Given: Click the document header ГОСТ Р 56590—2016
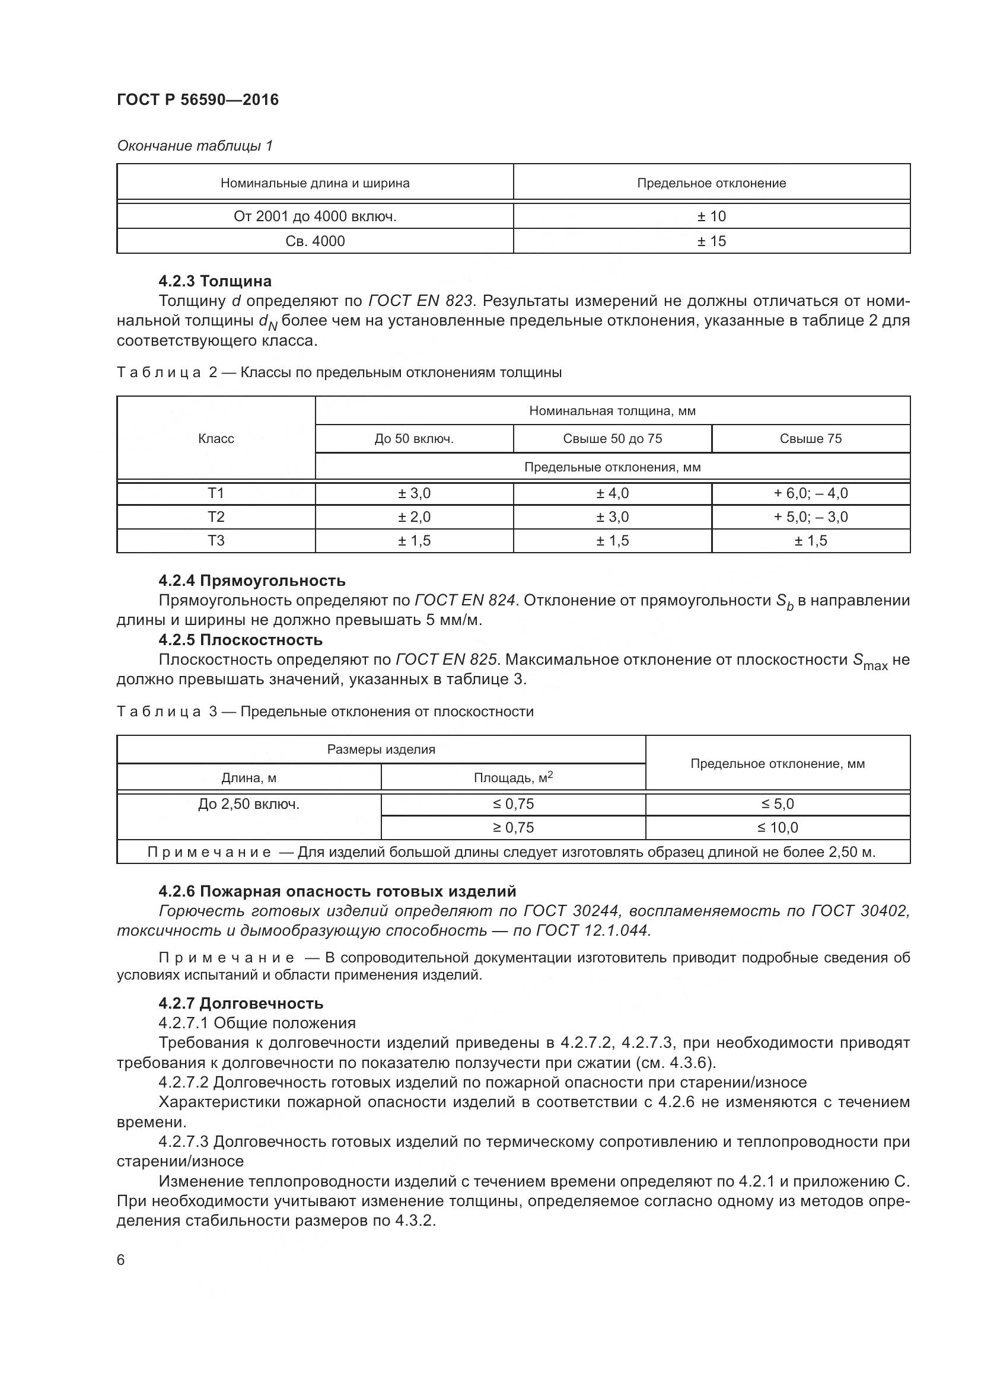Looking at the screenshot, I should [198, 100].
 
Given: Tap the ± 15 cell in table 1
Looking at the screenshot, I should [711, 241].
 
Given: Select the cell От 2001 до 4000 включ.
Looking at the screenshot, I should [315, 216].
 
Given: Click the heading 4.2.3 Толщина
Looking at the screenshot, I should [215, 281].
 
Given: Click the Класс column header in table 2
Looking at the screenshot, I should [216, 439].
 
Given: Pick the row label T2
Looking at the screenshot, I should [216, 516].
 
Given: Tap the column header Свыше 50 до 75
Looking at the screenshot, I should [612, 439].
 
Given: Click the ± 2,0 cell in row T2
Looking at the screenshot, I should [414, 516].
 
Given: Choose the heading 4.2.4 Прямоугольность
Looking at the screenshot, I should [252, 581].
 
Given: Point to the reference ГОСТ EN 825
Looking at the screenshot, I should [446, 659].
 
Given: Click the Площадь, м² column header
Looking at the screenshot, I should [513, 777].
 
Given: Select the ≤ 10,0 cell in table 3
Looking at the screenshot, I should [778, 828].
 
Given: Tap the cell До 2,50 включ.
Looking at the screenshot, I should [249, 804].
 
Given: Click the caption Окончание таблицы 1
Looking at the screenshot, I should [195, 146].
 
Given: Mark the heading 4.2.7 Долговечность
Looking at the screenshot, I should [241, 1003].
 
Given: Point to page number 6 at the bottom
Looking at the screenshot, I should [121, 1260].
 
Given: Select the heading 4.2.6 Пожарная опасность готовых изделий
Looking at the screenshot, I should [337, 891].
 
